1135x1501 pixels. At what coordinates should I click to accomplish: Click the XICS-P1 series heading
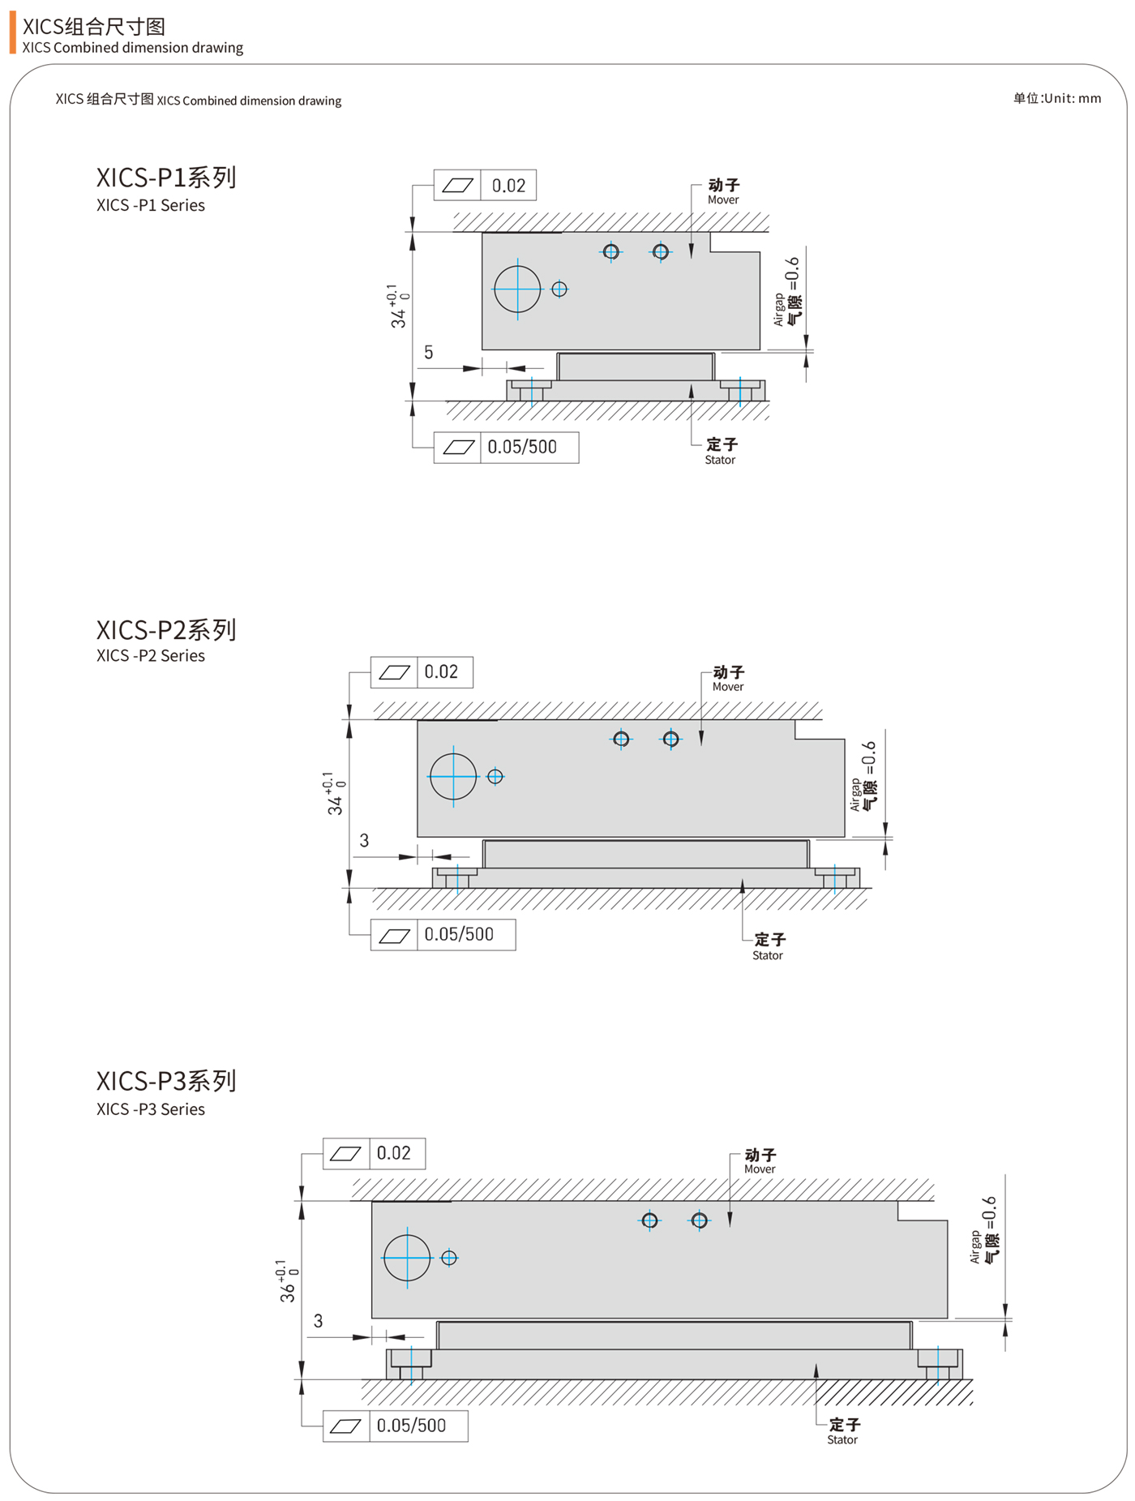[x=166, y=178]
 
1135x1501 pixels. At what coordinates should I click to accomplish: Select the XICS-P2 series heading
[x=166, y=630]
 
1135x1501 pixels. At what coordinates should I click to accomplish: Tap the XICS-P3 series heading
[x=166, y=1081]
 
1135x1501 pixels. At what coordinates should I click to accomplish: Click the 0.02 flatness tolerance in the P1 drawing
[x=508, y=186]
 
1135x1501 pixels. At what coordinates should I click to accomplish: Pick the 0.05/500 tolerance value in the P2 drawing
[x=459, y=934]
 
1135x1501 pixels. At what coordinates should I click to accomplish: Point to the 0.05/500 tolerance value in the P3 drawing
[x=411, y=1426]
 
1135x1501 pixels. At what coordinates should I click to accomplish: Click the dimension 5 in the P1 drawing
[x=429, y=353]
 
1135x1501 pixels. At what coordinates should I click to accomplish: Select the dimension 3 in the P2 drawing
[x=364, y=841]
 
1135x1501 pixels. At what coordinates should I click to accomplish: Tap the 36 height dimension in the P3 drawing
[x=288, y=1284]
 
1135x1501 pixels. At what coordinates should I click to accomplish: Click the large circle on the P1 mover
[x=517, y=289]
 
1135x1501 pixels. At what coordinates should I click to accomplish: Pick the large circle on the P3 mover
[x=407, y=1258]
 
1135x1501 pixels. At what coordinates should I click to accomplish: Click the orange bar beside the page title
[x=12, y=32]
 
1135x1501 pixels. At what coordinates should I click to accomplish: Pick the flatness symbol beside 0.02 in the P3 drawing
[x=346, y=1153]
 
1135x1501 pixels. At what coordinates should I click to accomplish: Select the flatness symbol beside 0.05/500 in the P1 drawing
[x=458, y=448]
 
